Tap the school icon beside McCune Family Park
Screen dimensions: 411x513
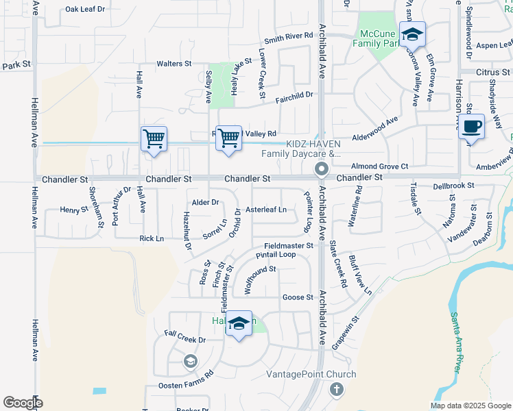412,34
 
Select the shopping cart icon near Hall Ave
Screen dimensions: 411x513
154,139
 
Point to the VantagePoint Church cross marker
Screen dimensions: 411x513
336,390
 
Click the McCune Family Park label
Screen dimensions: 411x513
376,38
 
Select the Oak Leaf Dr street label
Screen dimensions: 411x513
85,10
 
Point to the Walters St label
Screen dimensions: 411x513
174,64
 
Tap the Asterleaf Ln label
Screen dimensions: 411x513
266,210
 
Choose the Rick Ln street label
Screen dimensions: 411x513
152,238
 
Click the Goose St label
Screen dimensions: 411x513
298,297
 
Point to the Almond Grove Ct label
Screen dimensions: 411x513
379,166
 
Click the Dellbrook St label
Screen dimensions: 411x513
454,186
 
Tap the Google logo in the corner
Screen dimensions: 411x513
23,403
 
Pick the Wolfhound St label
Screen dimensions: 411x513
255,279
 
